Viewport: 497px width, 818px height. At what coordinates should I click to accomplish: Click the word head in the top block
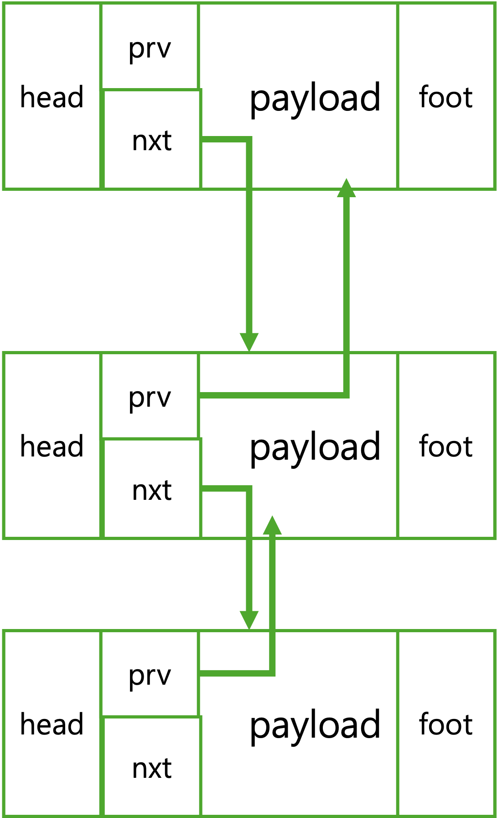[x=52, y=97]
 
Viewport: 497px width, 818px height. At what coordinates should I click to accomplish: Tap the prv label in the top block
[x=150, y=49]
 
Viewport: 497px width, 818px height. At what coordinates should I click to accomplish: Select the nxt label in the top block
[x=152, y=141]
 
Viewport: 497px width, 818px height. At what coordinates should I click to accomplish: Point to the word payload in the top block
[x=315, y=99]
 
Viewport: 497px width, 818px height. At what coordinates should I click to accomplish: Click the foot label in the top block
[x=445, y=97]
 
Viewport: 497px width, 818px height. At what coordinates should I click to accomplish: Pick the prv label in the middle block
[x=150, y=398]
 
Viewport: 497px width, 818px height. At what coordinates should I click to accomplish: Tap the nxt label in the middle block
[x=152, y=490]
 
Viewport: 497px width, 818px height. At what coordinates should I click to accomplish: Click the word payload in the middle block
[x=315, y=448]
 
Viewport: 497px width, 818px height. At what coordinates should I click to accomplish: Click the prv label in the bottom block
[x=150, y=676]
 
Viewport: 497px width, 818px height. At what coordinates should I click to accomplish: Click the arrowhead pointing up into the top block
[x=346, y=188]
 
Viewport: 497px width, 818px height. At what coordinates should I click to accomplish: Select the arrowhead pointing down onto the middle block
[x=249, y=342]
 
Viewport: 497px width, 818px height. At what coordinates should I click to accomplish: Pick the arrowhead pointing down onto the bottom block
[x=249, y=620]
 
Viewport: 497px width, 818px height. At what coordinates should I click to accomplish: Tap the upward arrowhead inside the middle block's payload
[x=272, y=525]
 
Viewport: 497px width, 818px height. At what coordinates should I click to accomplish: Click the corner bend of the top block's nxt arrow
[x=249, y=139]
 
